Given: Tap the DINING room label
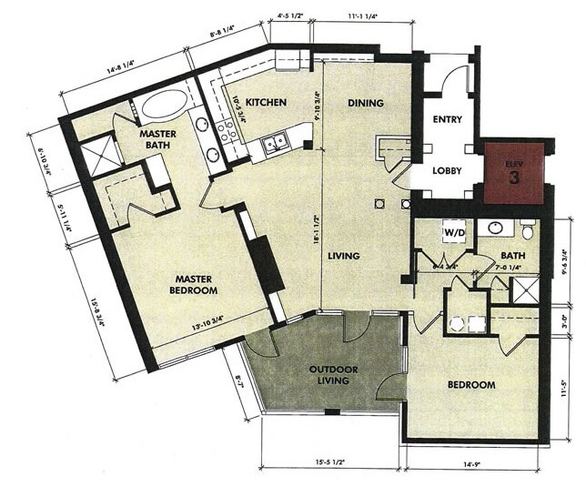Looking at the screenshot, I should coord(365,103).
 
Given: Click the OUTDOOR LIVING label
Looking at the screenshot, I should coord(328,375).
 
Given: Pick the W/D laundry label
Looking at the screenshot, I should coord(454,232).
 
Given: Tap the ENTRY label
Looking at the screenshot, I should coord(447,119).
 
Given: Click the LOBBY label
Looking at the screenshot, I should coord(447,170).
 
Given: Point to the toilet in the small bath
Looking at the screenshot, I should coord(527,229).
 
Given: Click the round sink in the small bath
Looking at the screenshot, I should coord(496,228).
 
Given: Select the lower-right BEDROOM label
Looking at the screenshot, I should coord(471,385).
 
